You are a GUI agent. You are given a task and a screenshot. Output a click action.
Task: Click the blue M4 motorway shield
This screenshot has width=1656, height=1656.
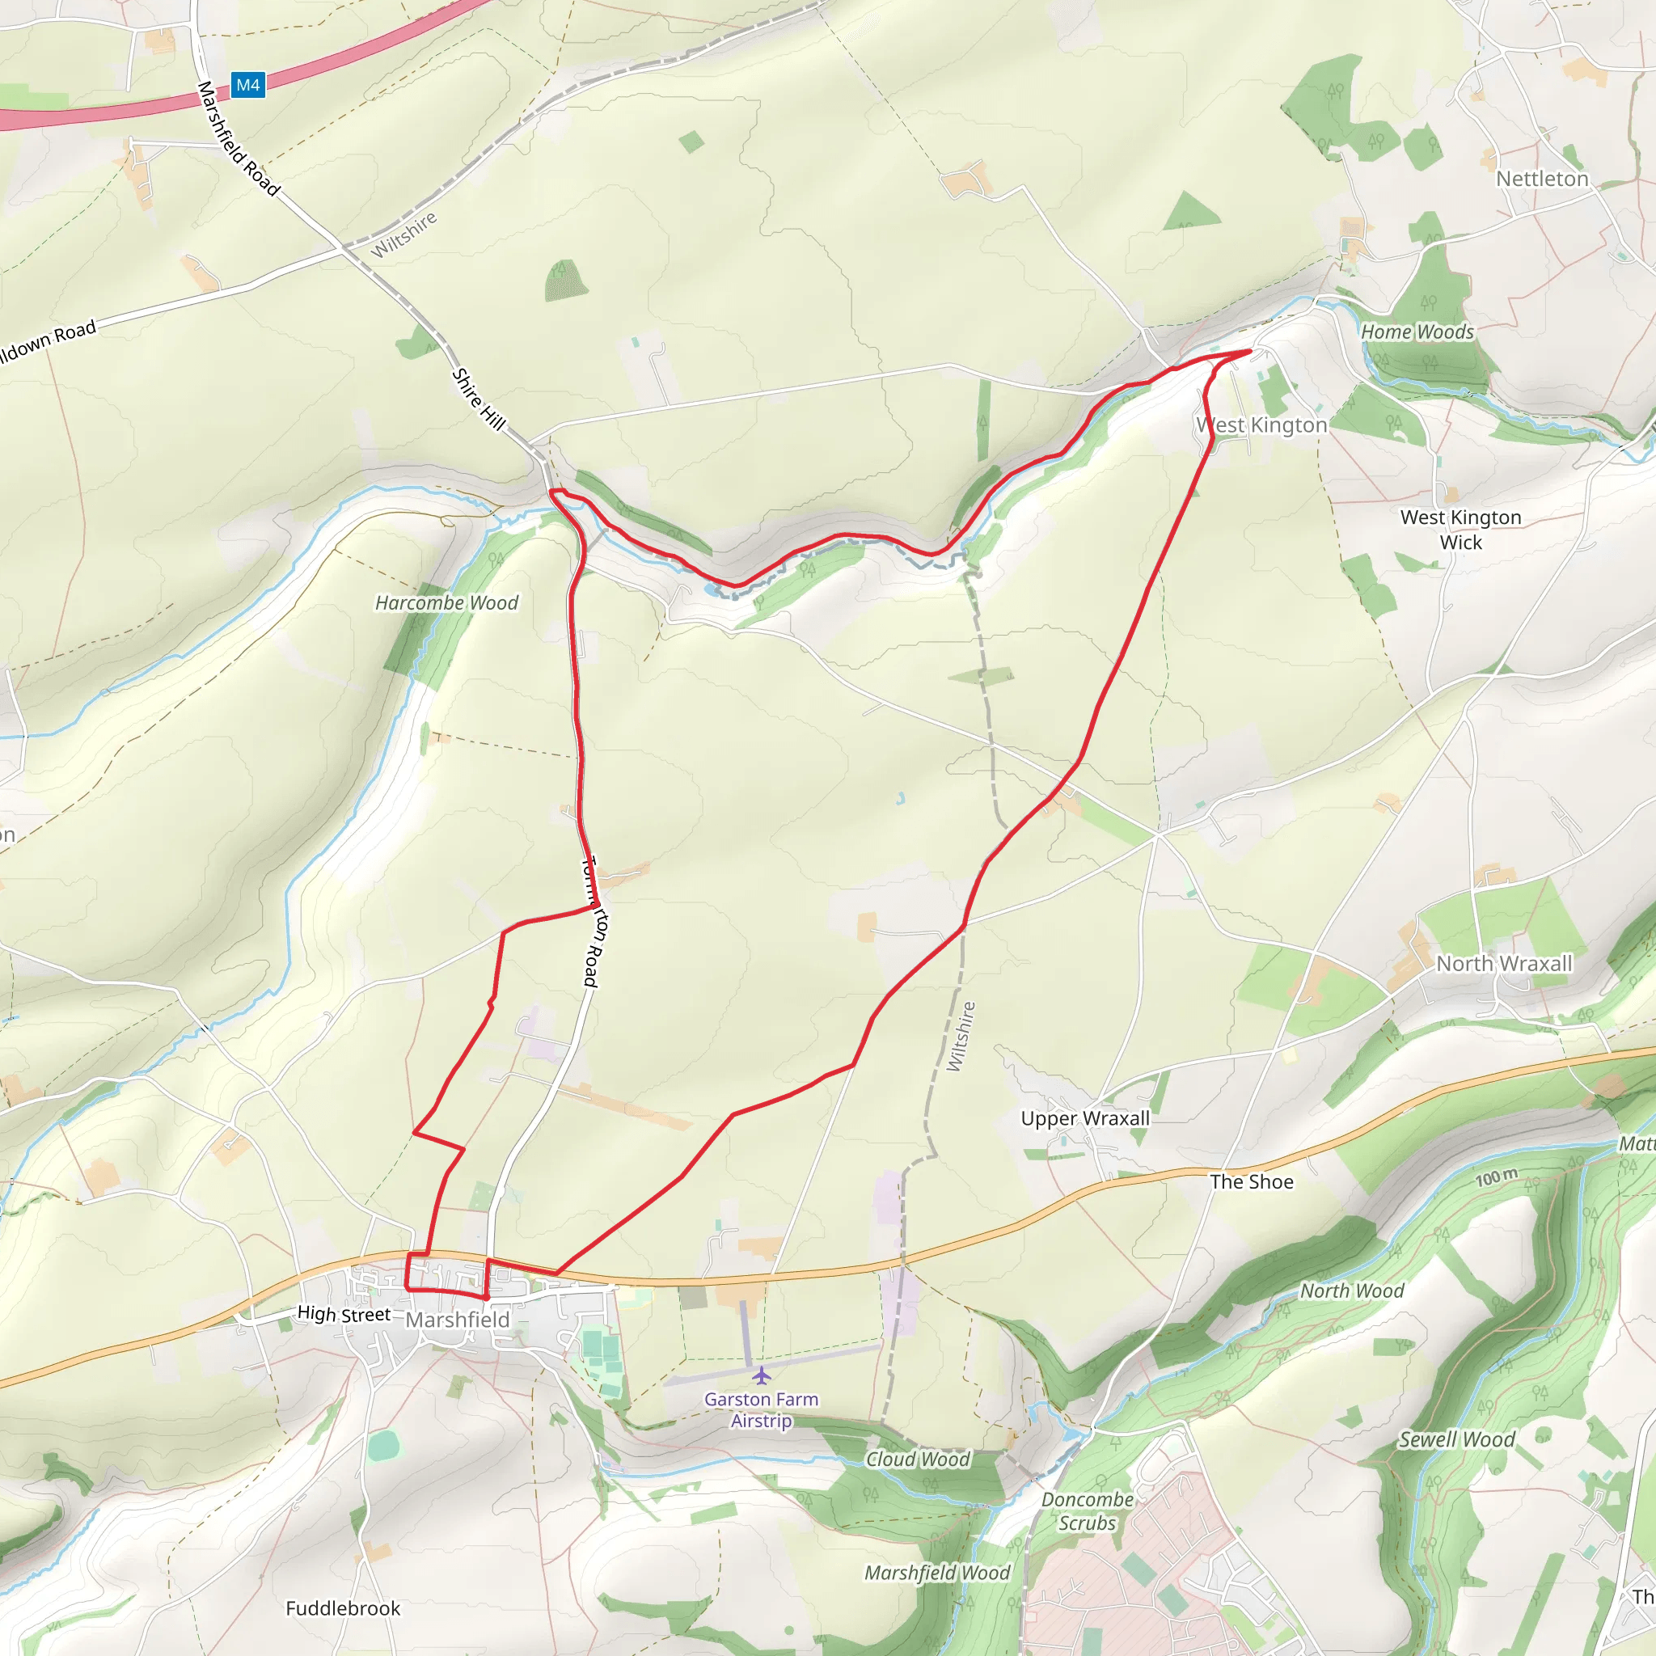point(247,85)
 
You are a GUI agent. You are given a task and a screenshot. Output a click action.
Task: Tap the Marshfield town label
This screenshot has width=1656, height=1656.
point(457,1319)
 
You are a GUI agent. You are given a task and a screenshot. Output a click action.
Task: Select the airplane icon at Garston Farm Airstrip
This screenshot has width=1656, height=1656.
point(761,1375)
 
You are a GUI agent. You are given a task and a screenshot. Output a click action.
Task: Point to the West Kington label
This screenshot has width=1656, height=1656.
point(1261,425)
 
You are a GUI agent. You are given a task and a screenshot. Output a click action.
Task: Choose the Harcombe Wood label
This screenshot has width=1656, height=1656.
point(446,602)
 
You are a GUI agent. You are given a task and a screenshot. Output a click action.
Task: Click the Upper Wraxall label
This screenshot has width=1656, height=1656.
point(1085,1117)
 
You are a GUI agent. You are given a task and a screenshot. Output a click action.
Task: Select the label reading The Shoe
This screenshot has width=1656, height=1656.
point(1252,1181)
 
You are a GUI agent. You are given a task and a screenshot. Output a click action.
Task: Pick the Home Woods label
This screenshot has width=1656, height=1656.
point(1417,332)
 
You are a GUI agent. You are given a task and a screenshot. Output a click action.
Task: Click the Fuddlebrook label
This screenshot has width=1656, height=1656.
point(343,1608)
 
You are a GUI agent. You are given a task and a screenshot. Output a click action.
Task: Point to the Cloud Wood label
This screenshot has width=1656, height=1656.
point(918,1459)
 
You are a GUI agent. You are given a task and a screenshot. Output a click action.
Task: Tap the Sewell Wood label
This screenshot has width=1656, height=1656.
point(1457,1439)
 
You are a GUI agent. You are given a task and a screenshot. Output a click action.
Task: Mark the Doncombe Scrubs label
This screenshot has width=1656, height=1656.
point(1087,1511)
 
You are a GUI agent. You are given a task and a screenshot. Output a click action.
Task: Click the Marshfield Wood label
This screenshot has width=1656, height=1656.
point(937,1572)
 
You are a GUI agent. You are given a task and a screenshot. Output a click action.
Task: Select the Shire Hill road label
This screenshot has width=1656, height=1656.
point(479,399)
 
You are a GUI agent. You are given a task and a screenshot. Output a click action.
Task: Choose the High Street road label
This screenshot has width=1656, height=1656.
point(344,1313)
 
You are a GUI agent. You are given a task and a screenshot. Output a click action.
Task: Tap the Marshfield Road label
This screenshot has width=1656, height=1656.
point(239,139)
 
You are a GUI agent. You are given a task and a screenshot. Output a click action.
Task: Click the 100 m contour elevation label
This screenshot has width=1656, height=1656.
point(1497,1177)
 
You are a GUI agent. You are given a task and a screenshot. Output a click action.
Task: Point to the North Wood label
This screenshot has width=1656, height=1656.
point(1352,1291)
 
